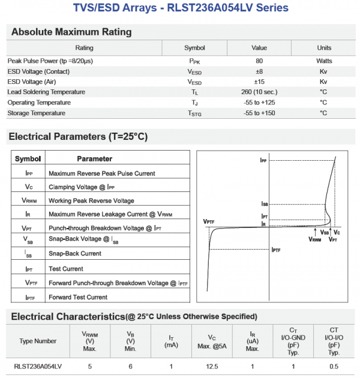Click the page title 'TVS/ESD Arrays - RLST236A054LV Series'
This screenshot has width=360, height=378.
[x=180, y=8]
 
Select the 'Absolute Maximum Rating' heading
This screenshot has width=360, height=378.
[x=71, y=32]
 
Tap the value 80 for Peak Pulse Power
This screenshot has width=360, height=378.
[x=259, y=61]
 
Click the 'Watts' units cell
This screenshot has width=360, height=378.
[x=324, y=61]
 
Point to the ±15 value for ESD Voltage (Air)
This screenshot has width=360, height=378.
[x=259, y=82]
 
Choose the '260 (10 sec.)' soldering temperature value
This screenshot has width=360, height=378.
[x=259, y=92]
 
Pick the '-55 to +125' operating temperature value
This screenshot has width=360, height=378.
[x=259, y=103]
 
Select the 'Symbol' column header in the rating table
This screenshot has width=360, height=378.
[x=194, y=48]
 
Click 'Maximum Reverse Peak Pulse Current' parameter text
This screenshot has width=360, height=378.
[x=101, y=173]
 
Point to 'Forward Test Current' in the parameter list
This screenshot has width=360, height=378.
[x=78, y=297]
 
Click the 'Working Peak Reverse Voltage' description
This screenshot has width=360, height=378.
[x=91, y=200]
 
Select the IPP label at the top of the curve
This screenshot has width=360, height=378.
[x=264, y=161]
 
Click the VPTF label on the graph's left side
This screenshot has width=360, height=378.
[x=209, y=222]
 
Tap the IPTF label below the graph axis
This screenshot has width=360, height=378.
[x=277, y=249]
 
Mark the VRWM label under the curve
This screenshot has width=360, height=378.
[x=315, y=239]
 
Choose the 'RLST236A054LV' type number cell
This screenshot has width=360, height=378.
[x=38, y=366]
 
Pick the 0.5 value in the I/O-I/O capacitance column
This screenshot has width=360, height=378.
[x=334, y=366]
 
